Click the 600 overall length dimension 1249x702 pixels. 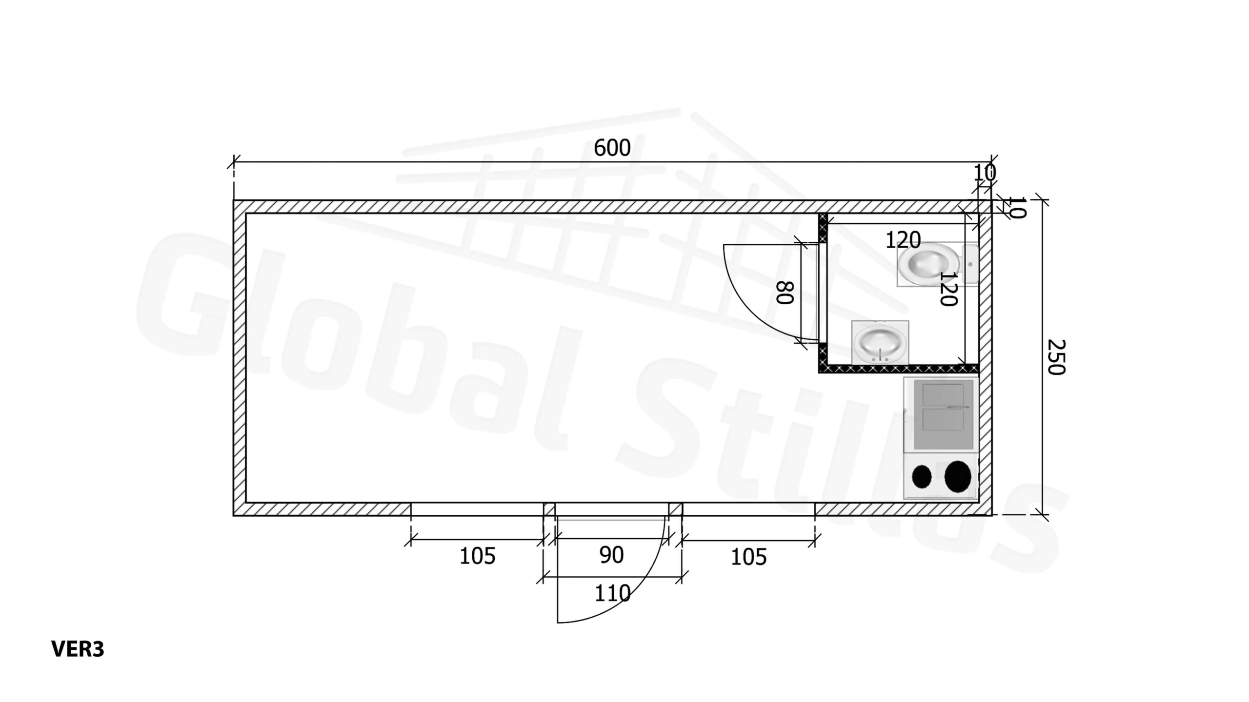coord(612,148)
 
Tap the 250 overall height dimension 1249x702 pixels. coord(1056,357)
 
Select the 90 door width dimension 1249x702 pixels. coord(611,555)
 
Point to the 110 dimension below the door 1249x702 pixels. coord(612,593)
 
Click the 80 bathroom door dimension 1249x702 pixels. coord(785,292)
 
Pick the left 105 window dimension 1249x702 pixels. coord(477,556)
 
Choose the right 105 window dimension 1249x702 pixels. coord(748,557)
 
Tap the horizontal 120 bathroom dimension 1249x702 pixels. coord(903,240)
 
